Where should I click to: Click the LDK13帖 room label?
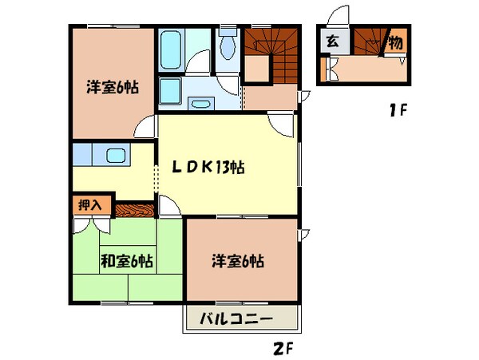tap(210, 168)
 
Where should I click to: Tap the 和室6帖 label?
tap(126, 260)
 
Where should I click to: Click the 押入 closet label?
tap(89, 205)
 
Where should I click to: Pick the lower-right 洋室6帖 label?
tap(238, 260)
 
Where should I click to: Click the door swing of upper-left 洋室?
tap(144, 125)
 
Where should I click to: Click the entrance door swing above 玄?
tap(342, 16)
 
